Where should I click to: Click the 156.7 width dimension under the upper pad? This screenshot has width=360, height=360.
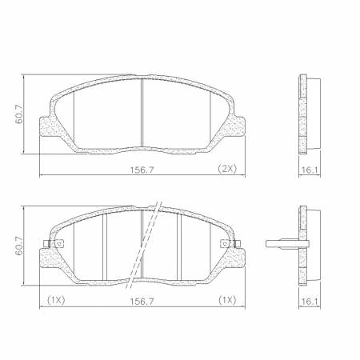[x=142, y=170]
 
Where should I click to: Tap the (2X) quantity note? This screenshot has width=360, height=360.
[x=228, y=170]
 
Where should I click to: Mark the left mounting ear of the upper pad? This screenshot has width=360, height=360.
[x=47, y=128]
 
